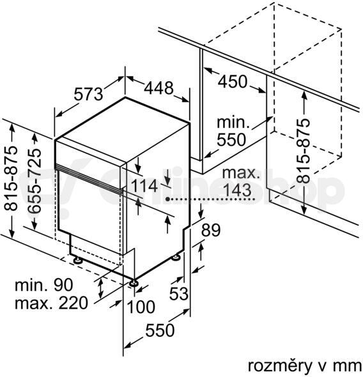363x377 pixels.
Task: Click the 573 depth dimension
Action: (88, 94)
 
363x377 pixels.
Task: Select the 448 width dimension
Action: (158, 88)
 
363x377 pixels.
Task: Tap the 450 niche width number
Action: (233, 82)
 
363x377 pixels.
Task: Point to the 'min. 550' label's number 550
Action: (231, 139)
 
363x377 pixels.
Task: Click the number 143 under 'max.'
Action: (237, 190)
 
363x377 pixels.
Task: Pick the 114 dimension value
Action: (144, 185)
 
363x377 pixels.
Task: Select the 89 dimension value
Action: (211, 230)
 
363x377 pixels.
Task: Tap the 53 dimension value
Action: (178, 293)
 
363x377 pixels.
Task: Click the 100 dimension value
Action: (141, 307)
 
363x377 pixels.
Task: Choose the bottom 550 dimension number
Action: (160, 330)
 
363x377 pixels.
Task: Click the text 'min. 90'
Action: (43, 285)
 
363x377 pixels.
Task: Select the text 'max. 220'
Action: (51, 303)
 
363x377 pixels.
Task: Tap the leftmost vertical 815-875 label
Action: (11, 178)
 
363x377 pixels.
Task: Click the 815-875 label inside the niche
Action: (303, 151)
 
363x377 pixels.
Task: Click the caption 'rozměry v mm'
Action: (305, 366)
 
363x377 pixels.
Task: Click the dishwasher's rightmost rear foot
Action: (175, 257)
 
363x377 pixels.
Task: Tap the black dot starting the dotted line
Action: (168, 199)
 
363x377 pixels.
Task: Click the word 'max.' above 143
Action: (241, 173)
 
